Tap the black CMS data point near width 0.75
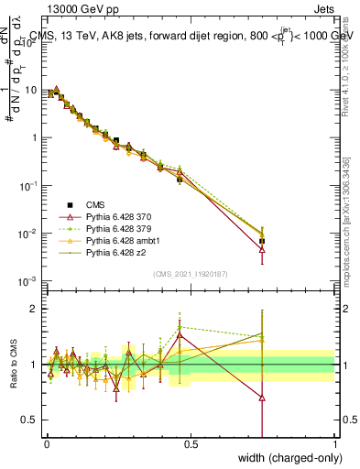(x=262, y=241)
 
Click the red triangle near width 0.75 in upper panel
(x=262, y=249)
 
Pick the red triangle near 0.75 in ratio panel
(x=262, y=398)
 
